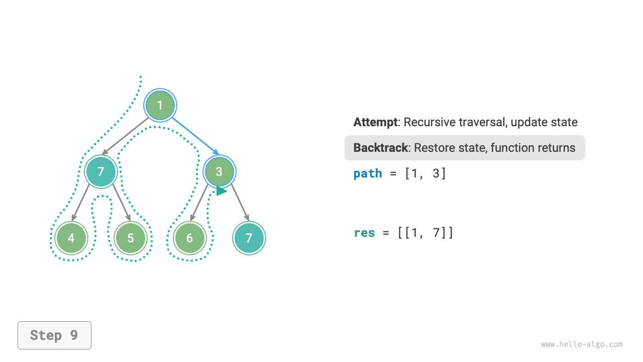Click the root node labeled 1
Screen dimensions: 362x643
click(160, 106)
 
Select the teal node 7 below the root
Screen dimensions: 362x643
click(101, 172)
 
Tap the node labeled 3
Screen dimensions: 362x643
click(219, 172)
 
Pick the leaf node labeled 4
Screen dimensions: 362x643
click(71, 238)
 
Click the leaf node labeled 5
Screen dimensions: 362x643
click(131, 238)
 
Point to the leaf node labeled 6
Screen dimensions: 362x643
click(189, 238)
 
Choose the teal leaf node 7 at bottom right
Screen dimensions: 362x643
click(249, 238)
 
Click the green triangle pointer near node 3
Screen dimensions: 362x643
click(221, 191)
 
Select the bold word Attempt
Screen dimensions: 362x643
click(375, 122)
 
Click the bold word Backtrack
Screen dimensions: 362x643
click(380, 148)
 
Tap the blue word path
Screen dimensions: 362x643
click(368, 173)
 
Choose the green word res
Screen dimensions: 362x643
click(364, 233)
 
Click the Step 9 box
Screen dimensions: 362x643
click(54, 335)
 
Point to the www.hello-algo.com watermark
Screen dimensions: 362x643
click(582, 344)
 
